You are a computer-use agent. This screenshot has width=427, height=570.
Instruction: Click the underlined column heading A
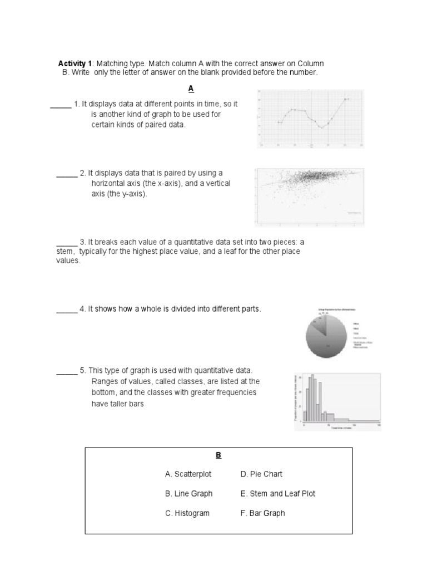coord(191,89)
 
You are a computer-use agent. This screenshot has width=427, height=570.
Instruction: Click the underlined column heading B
coord(219,455)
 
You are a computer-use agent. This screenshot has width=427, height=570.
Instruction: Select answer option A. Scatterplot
coord(188,474)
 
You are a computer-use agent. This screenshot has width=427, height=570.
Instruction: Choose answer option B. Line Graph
coord(188,494)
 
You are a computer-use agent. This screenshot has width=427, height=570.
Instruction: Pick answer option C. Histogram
coord(187,513)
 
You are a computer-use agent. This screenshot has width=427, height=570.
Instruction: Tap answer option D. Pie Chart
coord(261,474)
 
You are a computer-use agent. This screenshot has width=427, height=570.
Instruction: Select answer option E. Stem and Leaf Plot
coord(277,494)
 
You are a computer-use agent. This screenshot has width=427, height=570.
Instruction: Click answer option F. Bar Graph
coord(262,513)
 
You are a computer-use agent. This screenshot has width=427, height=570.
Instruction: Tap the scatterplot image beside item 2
coord(309,198)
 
